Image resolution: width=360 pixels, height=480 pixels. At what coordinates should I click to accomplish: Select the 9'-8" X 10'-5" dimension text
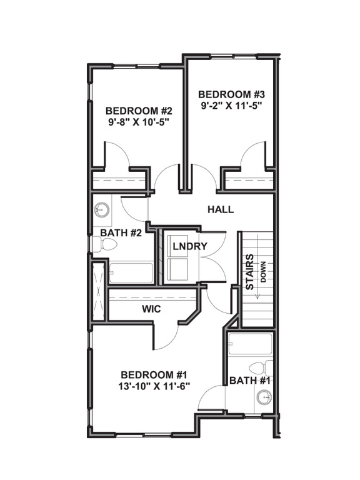tap(134, 121)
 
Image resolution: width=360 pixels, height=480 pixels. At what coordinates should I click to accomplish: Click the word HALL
tap(220, 209)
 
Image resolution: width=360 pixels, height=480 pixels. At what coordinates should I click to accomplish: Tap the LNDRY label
tap(189, 246)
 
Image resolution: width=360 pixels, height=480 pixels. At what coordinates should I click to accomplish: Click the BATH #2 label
tap(120, 232)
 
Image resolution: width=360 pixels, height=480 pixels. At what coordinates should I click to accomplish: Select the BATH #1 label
tap(249, 380)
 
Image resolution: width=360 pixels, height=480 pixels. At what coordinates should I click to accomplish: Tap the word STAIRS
tap(249, 272)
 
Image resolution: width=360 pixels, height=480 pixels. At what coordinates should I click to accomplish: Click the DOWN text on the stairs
tap(263, 272)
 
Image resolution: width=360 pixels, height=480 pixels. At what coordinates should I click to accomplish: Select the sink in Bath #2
tap(101, 210)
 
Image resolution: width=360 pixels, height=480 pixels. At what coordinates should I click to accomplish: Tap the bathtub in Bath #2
tap(131, 272)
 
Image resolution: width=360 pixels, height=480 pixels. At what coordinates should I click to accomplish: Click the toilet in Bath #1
tap(261, 367)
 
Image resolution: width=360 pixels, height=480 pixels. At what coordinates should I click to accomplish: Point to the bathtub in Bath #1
tap(250, 344)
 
